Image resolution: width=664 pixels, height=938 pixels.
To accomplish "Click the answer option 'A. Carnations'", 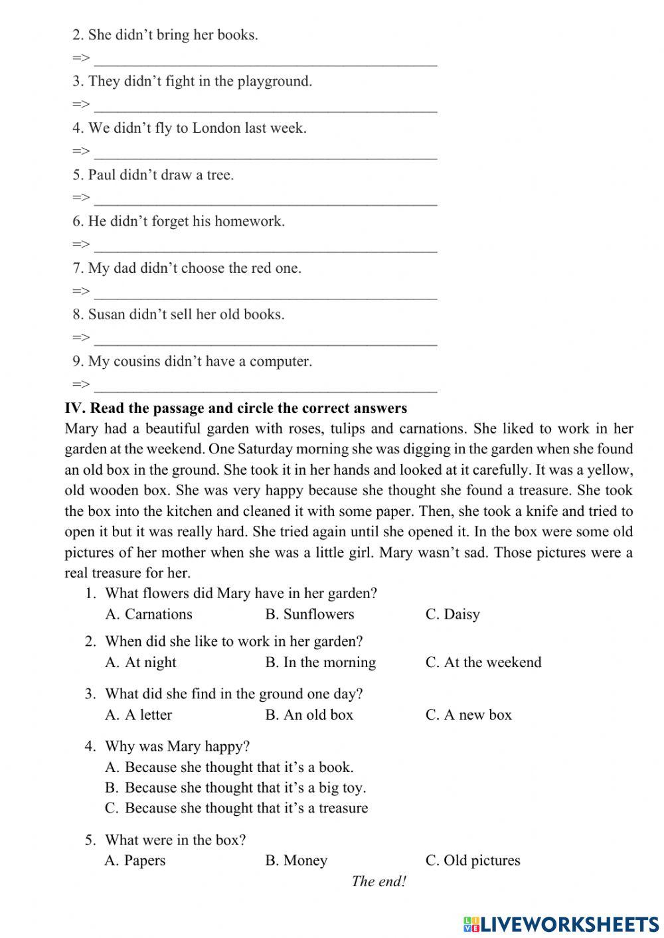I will coord(149,614).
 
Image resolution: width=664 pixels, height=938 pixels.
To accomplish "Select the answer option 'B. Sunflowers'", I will coord(309,614).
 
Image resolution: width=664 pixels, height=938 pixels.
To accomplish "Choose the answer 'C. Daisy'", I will coord(452,614).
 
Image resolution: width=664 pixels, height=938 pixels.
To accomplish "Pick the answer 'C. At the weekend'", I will coord(483,662).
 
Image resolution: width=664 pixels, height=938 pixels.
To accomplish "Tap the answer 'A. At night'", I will coord(141,662).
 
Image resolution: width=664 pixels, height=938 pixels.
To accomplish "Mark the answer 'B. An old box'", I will coord(309,714).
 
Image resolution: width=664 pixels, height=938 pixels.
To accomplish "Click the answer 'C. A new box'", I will coord(469,714).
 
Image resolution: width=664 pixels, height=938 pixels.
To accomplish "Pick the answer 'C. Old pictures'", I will coord(473,860).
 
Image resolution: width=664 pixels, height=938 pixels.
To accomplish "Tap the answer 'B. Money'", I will coord(296,860).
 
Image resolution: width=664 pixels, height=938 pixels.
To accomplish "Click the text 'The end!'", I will coord(378,882).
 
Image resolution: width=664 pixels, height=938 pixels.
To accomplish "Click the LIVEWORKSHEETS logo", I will coord(561,923).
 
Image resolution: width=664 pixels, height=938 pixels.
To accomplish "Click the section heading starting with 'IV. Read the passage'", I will coord(236,408).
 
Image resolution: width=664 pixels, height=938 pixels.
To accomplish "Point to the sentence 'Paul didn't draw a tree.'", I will coord(153,175).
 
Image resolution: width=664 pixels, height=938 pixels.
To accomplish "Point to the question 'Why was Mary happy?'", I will coord(177,746).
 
